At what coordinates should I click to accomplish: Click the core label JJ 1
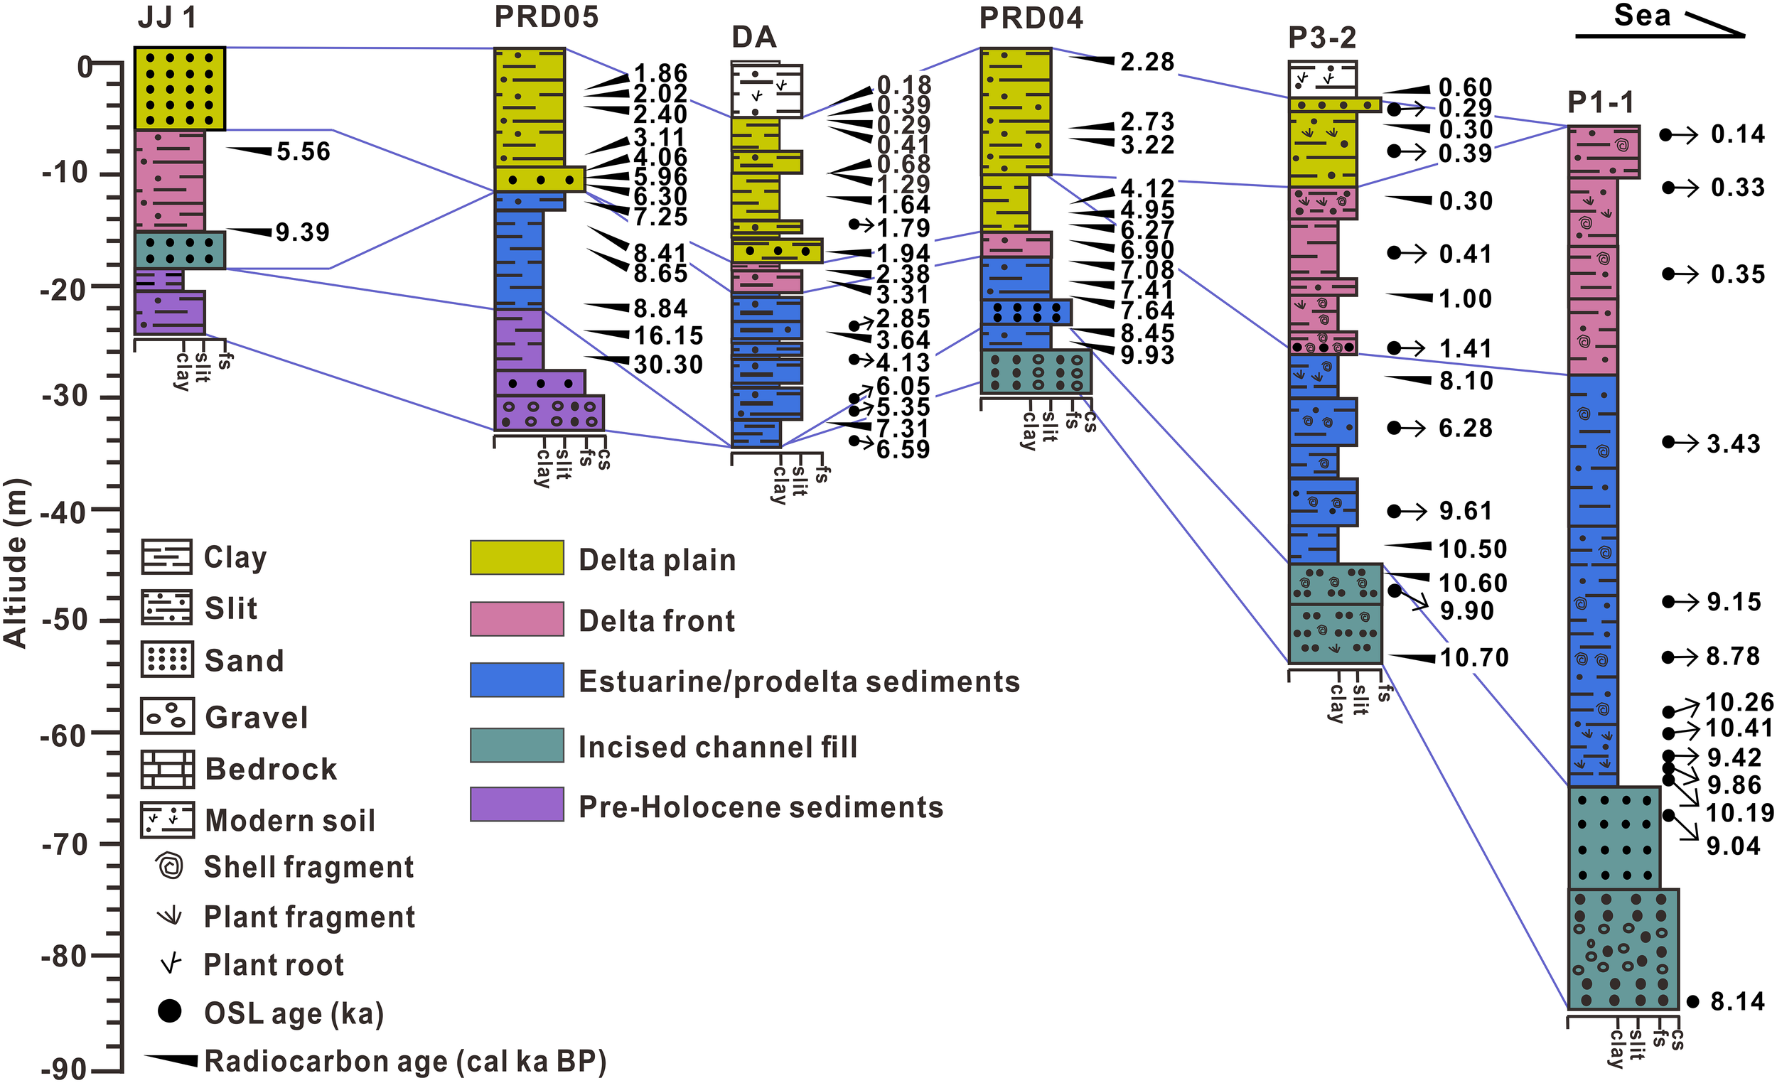click(167, 18)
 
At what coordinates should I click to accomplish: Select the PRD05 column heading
click(546, 17)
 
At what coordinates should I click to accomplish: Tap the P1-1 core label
click(1601, 103)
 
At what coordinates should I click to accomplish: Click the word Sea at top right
click(1642, 15)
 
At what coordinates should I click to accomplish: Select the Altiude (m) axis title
click(15, 563)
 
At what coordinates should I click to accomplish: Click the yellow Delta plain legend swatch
click(516, 558)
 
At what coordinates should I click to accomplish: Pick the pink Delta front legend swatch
click(516, 620)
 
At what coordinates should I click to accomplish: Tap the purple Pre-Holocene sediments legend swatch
click(516, 804)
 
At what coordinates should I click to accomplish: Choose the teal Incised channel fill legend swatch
click(516, 745)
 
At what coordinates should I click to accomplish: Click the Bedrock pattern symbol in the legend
click(167, 769)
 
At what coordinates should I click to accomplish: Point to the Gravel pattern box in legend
click(167, 716)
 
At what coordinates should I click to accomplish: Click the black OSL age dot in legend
click(169, 1011)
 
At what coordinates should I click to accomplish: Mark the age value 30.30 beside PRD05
click(668, 365)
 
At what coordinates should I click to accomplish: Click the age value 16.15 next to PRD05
click(668, 336)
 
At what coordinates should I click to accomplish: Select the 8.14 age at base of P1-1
click(1737, 1001)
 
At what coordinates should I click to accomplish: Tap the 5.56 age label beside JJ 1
click(303, 151)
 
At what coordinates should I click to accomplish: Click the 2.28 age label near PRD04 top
click(1147, 62)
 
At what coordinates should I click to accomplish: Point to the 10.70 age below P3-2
click(1474, 657)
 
